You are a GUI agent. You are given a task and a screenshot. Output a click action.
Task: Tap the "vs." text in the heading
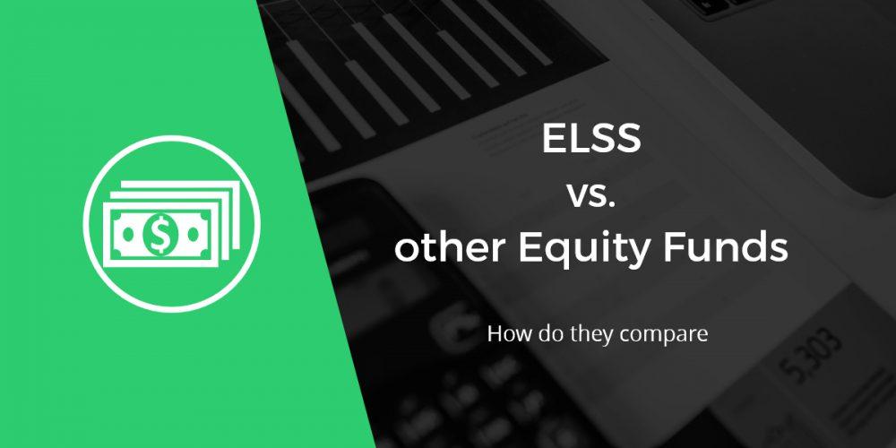[591, 195]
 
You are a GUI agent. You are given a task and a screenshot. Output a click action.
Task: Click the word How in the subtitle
[506, 336]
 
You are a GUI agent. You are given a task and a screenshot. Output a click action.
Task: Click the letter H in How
[495, 336]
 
